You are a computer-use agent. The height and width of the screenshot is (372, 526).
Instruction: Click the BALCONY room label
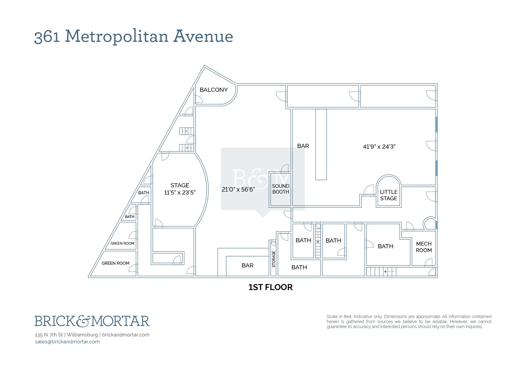pos(214,90)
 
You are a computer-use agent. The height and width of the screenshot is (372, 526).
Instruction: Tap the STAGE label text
pos(180,185)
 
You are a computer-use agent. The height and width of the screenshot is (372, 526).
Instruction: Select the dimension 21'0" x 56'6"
pos(238,189)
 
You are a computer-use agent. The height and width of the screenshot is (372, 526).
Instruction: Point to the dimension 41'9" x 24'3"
pos(379,147)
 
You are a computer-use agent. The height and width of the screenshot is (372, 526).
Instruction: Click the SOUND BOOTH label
pos(280,189)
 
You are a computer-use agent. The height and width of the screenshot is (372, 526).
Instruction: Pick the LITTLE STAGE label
pos(389,195)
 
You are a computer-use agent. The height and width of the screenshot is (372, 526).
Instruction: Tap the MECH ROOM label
pos(424,247)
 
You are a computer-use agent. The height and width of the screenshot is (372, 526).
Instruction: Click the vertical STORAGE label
pos(274,259)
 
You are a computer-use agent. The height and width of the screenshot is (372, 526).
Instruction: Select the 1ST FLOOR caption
pos(270,287)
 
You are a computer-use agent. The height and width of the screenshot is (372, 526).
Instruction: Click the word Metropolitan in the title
pos(117,36)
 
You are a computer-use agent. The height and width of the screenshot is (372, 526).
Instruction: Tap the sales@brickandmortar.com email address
pos(67,342)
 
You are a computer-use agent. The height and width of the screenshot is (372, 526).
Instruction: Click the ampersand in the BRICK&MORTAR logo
pos(84,321)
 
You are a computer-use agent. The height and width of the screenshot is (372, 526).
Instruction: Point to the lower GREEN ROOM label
pos(115,263)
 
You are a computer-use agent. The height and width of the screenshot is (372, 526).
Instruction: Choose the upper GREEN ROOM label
pos(122,243)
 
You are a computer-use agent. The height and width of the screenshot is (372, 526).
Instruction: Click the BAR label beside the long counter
pos(303,146)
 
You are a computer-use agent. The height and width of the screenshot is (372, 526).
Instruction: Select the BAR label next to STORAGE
pos(248,265)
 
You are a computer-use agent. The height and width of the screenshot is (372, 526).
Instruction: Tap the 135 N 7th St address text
pos(49,335)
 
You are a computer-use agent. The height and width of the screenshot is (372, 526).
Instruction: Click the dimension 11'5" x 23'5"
pos(180,193)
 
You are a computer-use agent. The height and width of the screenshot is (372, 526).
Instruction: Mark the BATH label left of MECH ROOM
pos(386,246)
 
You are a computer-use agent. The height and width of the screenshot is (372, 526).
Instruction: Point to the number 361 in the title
pos(47,37)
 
